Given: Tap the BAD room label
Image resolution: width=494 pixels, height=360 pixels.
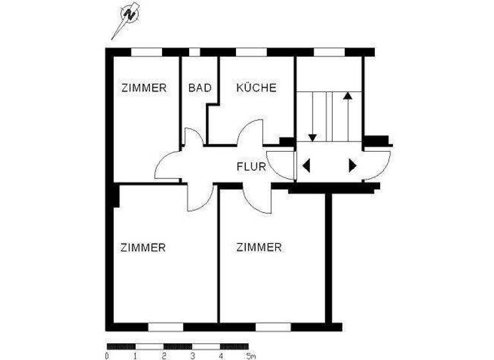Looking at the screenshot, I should click(x=199, y=88).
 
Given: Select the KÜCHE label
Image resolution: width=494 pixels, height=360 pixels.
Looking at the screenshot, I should click(x=256, y=88).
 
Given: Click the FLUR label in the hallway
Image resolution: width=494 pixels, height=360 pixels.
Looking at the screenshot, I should click(x=252, y=167).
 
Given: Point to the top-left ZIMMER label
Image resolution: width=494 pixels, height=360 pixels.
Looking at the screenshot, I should click(x=143, y=88).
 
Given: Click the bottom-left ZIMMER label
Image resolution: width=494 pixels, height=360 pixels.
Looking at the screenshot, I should click(x=143, y=247).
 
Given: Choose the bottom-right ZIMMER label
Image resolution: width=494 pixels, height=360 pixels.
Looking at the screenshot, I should click(x=259, y=247).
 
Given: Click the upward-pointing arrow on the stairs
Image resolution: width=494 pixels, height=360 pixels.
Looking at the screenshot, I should click(x=347, y=96).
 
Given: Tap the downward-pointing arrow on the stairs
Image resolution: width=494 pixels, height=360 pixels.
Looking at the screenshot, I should click(x=313, y=136).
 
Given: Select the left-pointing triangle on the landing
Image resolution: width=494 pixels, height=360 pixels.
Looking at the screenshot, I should click(x=306, y=166).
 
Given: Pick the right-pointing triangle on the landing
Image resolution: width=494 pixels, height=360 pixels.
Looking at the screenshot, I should click(x=352, y=166).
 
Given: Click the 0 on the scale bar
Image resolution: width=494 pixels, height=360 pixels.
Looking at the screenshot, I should click(x=106, y=355).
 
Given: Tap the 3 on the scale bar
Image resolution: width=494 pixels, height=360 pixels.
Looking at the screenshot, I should click(x=192, y=355).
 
